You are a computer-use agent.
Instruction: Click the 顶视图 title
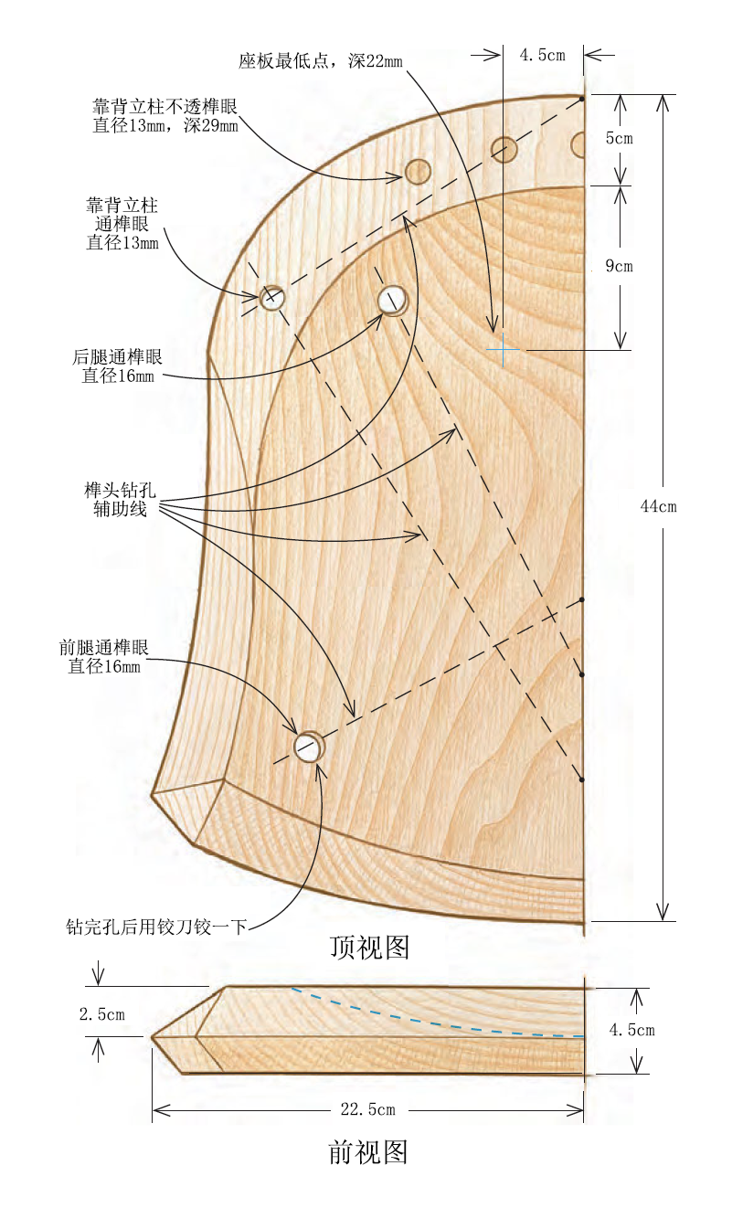(369, 947)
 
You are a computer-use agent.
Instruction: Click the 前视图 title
(368, 1151)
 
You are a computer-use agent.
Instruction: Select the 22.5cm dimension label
(368, 1109)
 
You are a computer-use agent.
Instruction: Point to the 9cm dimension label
(619, 267)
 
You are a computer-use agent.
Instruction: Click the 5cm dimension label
(619, 139)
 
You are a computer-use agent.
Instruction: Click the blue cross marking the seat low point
(503, 349)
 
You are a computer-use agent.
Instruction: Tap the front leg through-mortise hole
(309, 747)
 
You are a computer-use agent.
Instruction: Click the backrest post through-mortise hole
(272, 297)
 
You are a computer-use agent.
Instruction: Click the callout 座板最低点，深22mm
(320, 61)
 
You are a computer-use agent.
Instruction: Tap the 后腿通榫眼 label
(117, 366)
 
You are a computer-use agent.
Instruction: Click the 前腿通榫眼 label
(103, 657)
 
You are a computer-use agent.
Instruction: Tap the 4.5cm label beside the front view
(631, 1030)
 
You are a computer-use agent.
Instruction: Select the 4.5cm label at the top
(542, 55)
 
